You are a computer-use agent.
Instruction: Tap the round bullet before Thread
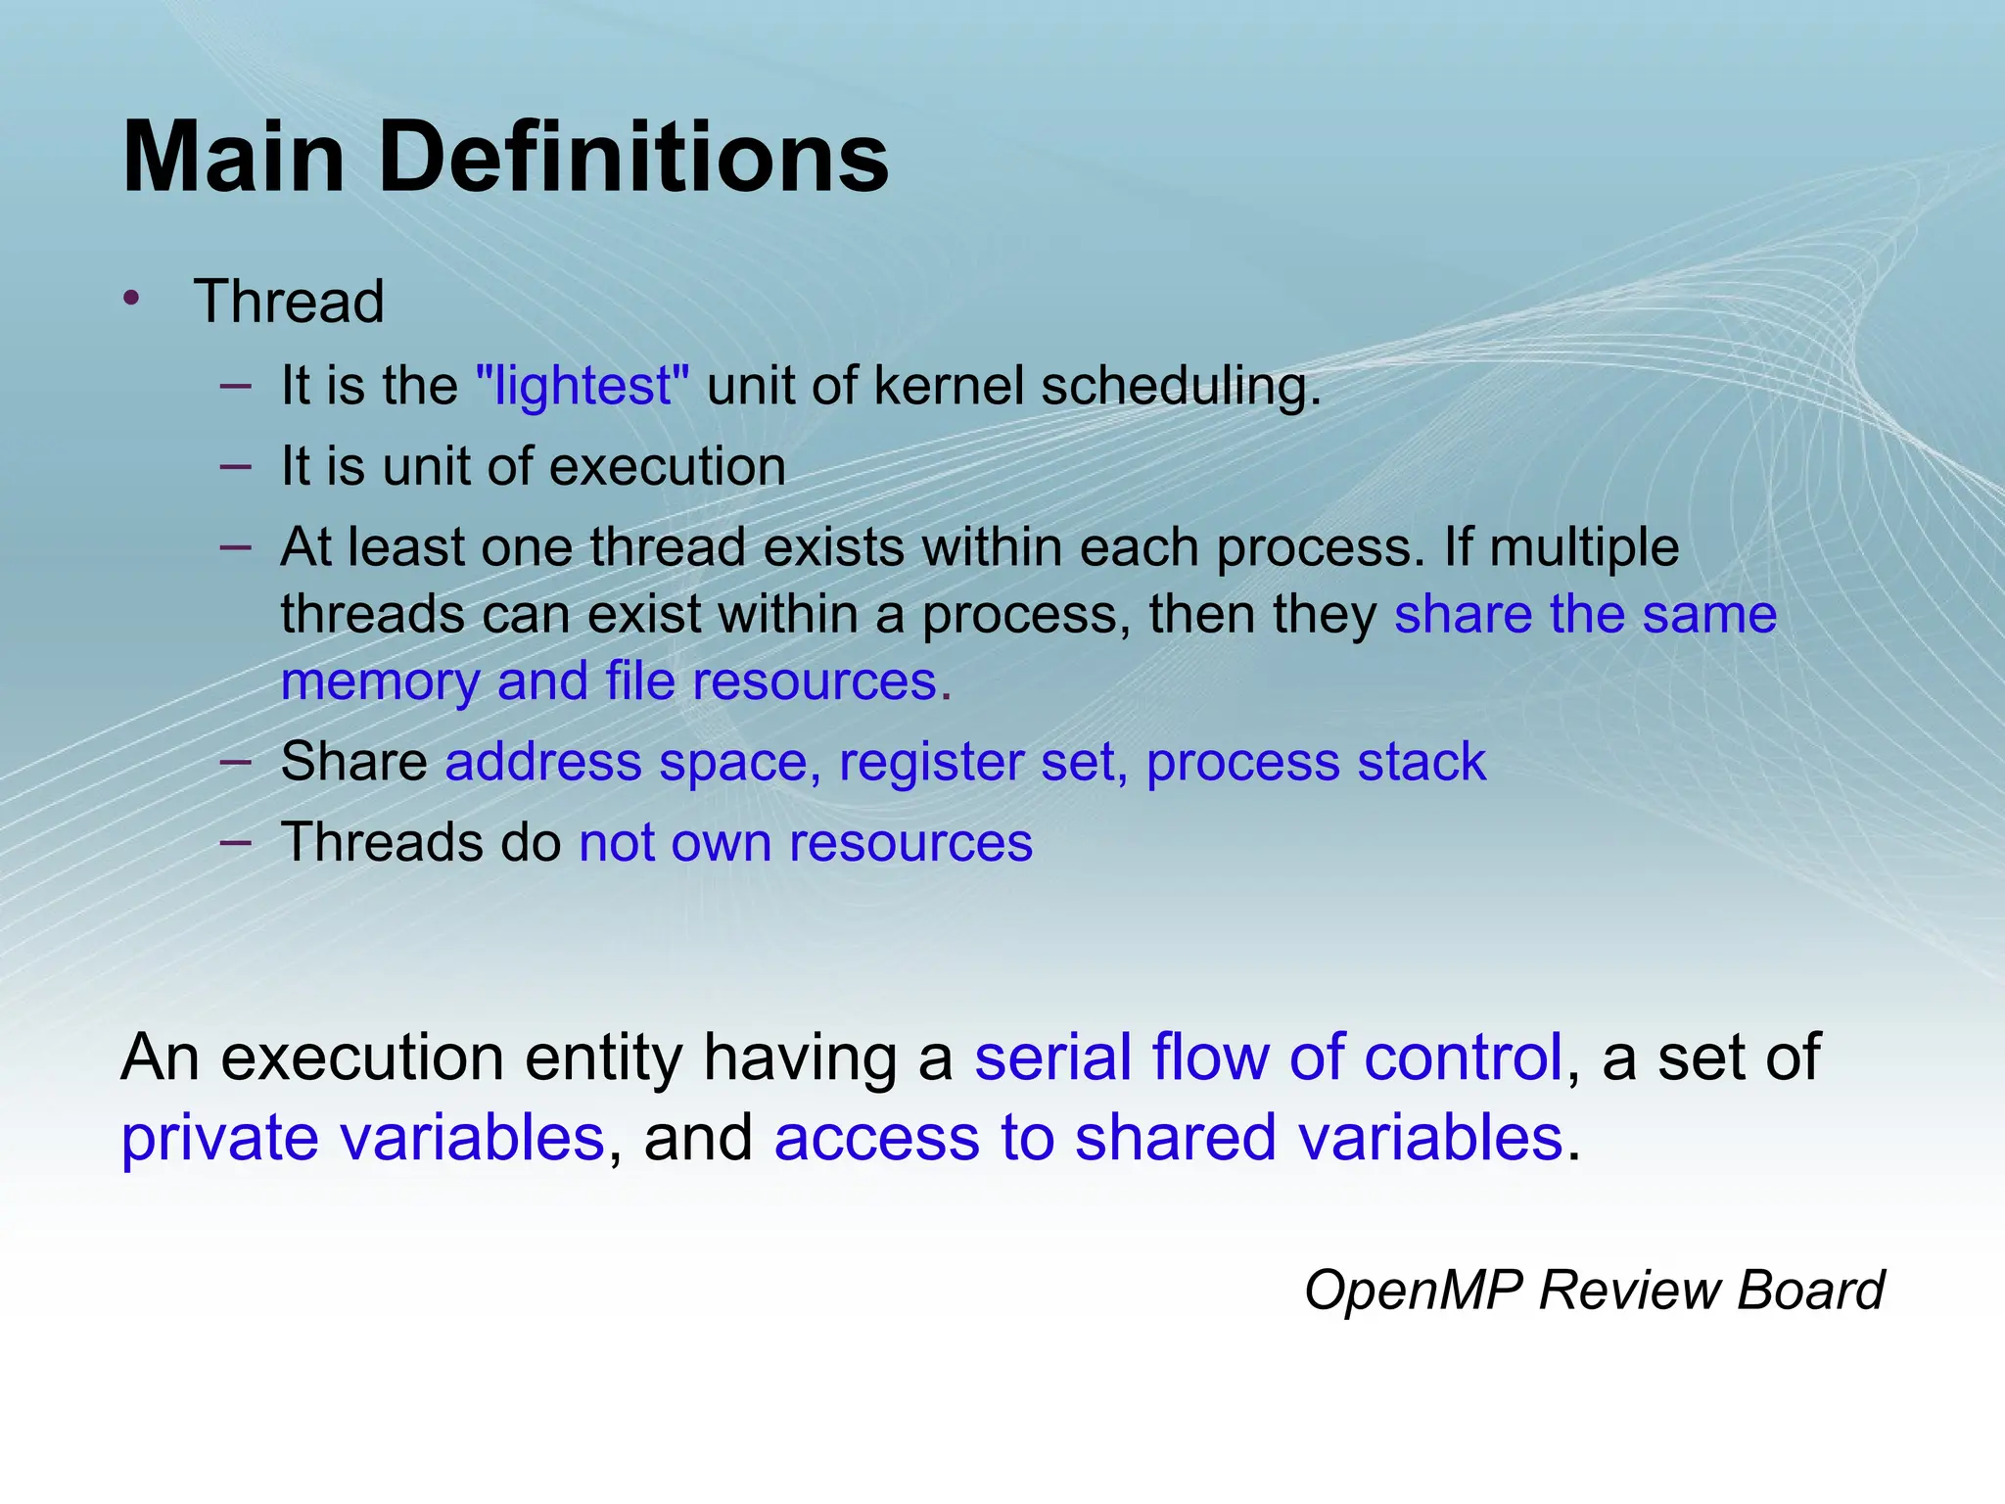[x=132, y=298]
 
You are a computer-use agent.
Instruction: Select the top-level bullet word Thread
[x=289, y=302]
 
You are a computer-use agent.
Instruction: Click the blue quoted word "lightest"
[x=583, y=386]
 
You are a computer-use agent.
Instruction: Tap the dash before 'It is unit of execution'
[x=236, y=465]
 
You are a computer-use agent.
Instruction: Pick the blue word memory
[x=380, y=682]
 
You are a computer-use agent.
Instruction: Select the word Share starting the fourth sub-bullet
[x=353, y=763]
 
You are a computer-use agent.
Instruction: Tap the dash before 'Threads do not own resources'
[x=236, y=841]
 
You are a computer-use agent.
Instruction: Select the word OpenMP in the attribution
[x=1413, y=1291]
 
